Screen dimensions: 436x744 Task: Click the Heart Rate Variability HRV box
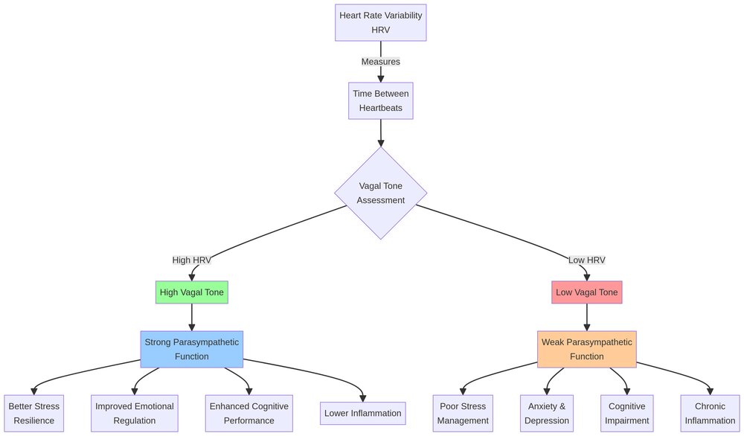pos(380,22)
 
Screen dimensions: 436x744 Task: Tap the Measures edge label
pos(380,62)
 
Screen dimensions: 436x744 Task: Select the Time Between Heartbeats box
pos(380,100)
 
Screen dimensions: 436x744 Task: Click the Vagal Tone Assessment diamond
pos(380,193)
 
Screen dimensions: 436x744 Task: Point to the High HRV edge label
pos(191,260)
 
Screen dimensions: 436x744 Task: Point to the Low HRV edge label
pos(586,260)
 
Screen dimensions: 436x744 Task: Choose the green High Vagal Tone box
pos(191,292)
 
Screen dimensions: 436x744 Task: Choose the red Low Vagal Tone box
pos(586,292)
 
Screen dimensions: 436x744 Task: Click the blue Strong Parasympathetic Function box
pos(191,349)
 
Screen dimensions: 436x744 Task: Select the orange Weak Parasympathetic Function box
pos(586,349)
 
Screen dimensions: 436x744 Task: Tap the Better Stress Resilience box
pos(33,413)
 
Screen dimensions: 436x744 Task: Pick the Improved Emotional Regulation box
pos(135,413)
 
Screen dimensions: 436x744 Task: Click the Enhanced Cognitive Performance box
pos(248,413)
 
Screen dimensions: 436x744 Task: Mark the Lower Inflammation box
pos(363,413)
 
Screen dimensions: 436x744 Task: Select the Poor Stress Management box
pos(462,413)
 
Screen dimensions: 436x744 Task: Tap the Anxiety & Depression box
pos(547,413)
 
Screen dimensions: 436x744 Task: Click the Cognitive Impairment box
pos(628,413)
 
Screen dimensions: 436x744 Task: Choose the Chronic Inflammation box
pos(710,413)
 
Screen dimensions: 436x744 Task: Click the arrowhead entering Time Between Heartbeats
pos(380,77)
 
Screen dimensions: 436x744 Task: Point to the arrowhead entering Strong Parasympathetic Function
pos(191,326)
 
